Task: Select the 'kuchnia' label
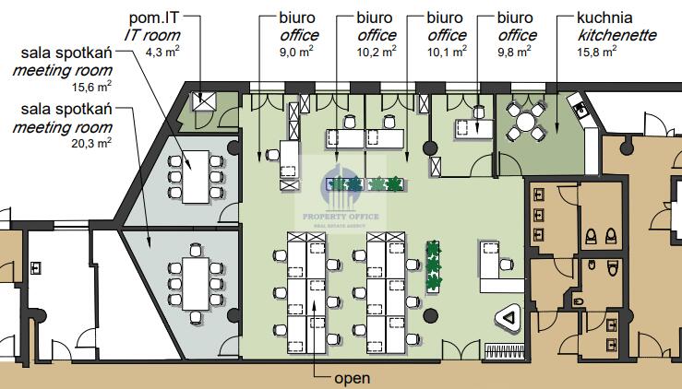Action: (604, 18)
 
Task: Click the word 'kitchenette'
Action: (616, 35)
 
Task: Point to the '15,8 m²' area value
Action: (612, 53)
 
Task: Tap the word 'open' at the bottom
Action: (352, 378)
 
